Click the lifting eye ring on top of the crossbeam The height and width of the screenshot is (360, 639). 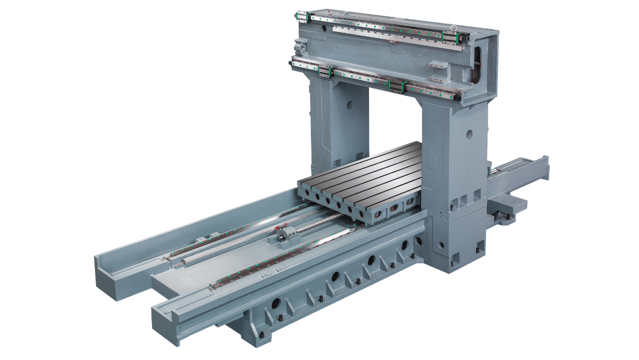point(454,27)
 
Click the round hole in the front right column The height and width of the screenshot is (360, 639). point(469,134)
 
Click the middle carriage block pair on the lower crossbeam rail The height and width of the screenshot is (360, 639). point(397,86)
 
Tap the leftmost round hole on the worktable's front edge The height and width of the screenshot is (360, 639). point(315,199)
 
